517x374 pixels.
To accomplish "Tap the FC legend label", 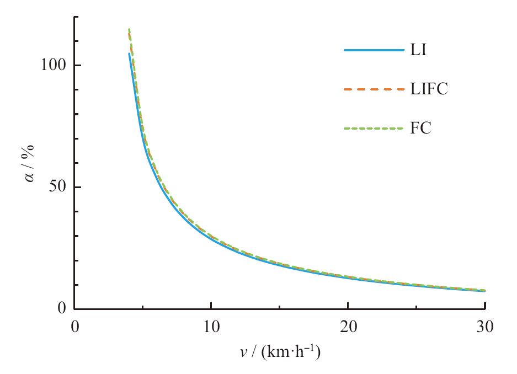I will tap(420, 129).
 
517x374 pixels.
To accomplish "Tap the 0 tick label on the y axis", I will tap(62, 309).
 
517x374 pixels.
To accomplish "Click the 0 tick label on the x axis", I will tap(74, 327).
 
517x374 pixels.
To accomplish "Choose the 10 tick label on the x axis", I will tap(211, 327).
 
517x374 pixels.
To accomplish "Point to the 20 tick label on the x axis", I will tap(348, 327).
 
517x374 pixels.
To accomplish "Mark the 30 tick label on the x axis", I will tap(484, 327).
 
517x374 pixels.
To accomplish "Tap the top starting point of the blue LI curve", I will tap(129, 54).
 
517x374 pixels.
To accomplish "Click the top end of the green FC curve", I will tap(129, 29).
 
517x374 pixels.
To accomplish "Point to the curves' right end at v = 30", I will tap(484, 291).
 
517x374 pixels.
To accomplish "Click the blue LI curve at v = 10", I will tap(211, 237).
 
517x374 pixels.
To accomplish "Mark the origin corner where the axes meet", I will tap(74, 309).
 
